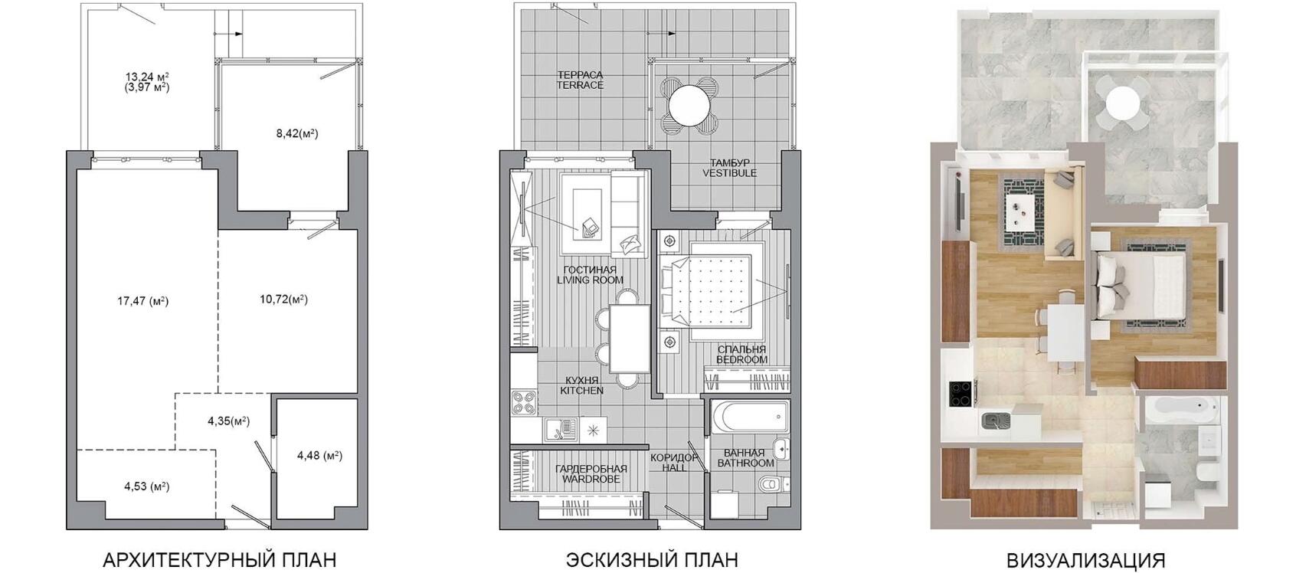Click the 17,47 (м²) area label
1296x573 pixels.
pyautogui.click(x=143, y=301)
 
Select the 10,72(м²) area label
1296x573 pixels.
pyautogui.click(x=283, y=300)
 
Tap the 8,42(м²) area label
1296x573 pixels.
pyautogui.click(x=297, y=134)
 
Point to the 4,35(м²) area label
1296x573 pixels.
pyautogui.click(x=228, y=421)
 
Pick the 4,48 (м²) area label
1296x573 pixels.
pyautogui.click(x=320, y=456)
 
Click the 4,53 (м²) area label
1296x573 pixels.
pyautogui.click(x=147, y=486)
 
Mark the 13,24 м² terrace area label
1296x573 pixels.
pyautogui.click(x=147, y=77)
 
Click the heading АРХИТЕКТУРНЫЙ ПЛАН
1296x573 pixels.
pyautogui.click(x=219, y=560)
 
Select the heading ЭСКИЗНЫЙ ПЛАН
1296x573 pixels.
pyautogui.click(x=652, y=560)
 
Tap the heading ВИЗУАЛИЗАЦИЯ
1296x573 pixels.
pyautogui.click(x=1086, y=560)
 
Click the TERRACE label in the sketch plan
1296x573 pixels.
pyautogui.click(x=581, y=85)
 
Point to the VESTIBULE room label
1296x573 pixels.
pyautogui.click(x=730, y=173)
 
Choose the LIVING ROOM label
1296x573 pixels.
pyautogui.click(x=590, y=280)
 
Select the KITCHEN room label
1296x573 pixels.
pyautogui.click(x=582, y=391)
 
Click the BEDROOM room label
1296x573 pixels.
pyautogui.click(x=741, y=359)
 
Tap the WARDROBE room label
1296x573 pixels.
pyautogui.click(x=590, y=480)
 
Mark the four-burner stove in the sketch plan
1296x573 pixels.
pyautogui.click(x=524, y=404)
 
